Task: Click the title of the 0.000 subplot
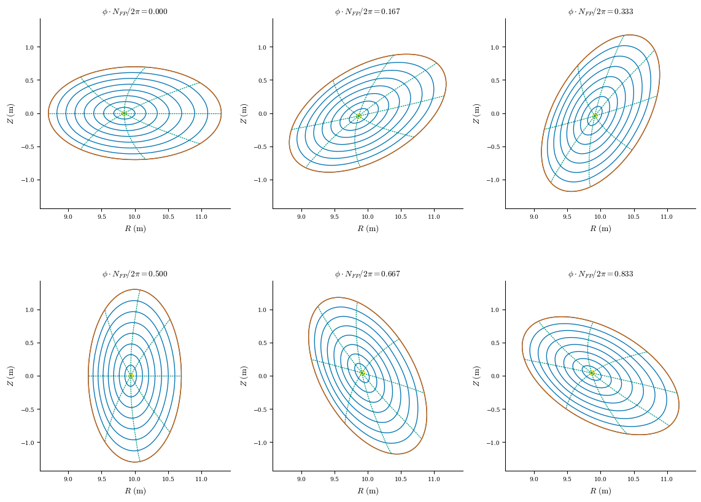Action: (x=134, y=12)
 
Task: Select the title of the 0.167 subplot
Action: (x=367, y=12)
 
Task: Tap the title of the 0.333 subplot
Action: (x=600, y=12)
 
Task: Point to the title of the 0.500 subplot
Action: (x=134, y=274)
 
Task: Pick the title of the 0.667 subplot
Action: (x=367, y=274)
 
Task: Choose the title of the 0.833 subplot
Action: (x=600, y=274)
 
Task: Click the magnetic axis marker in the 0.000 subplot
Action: (x=124, y=113)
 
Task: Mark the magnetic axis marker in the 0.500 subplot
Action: (x=131, y=376)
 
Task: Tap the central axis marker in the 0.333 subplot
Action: (x=595, y=115)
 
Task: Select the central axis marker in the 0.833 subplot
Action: (x=592, y=373)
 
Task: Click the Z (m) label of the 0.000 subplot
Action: (x=10, y=113)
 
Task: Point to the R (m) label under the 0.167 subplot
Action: (x=368, y=229)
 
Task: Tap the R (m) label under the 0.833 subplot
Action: (x=600, y=491)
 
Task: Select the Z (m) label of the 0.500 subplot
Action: (x=10, y=376)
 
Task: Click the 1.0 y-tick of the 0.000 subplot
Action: (x=29, y=47)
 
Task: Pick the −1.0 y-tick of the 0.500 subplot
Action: (x=27, y=443)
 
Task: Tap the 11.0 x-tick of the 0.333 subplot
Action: (x=667, y=217)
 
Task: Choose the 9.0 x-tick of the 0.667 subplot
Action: (x=301, y=479)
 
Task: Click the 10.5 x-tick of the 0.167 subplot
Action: (x=401, y=217)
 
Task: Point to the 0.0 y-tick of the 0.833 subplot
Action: (x=494, y=376)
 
